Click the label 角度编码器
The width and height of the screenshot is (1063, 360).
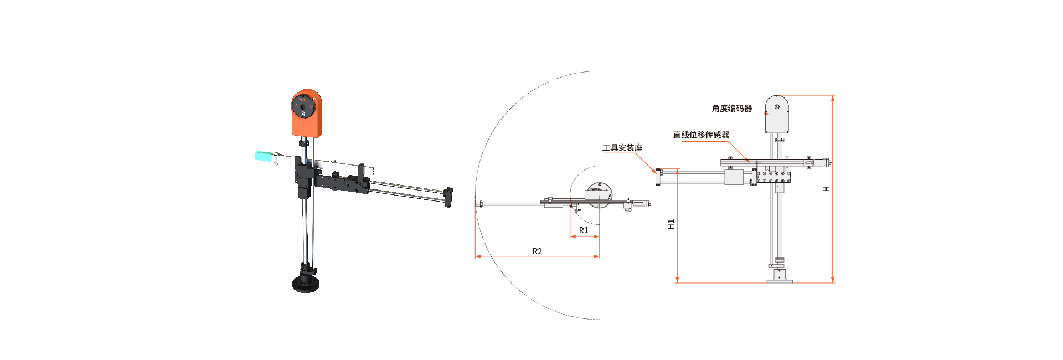[x=732, y=109]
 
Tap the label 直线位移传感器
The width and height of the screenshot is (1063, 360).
[x=701, y=135]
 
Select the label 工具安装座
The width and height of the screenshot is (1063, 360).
[x=622, y=148]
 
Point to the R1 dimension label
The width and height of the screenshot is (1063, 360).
[x=584, y=230]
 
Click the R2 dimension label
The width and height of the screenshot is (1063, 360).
[x=537, y=251]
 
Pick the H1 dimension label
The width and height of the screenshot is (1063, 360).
[x=671, y=224]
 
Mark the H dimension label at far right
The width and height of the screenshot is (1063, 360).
[x=827, y=189]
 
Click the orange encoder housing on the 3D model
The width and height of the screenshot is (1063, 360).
[x=307, y=112]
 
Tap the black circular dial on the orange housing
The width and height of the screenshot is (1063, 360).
[x=303, y=107]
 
